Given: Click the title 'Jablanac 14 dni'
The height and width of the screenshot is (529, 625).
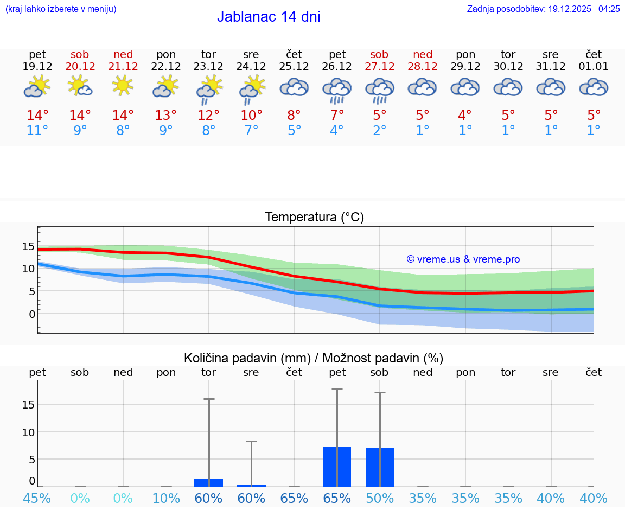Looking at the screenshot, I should coord(269,17).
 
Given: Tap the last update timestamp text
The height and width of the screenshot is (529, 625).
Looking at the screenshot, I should coord(543,9).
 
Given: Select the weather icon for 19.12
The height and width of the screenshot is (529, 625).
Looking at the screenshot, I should coord(37,86).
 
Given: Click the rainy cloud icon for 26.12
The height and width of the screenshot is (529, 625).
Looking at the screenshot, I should coord(337,90).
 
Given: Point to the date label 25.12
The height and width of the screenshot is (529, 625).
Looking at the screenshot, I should coord(294,67).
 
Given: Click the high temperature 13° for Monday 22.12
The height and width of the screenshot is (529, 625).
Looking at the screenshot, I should coord(165,116).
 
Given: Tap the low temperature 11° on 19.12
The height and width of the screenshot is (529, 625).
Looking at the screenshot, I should coord(37,131).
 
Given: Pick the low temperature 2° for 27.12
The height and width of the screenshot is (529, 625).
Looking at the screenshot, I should coord(380,131).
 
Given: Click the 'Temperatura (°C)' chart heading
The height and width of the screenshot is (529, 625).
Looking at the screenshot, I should coord(314,217).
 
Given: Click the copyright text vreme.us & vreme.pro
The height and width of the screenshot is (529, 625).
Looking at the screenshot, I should coord(463,259).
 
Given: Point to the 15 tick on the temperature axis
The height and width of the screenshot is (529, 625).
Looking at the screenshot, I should coord(28,246).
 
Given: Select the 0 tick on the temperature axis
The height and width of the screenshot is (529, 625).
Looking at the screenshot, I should coord(32,314).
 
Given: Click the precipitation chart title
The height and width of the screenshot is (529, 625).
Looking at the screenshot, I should coord(314,358).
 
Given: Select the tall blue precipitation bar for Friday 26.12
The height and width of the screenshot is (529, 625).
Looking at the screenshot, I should coord(337,467).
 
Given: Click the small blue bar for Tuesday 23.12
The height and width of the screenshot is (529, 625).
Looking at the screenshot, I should coord(208,482).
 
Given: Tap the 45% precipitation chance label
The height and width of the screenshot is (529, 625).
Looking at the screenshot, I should coord(37,498).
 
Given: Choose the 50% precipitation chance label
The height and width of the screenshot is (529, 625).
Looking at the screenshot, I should coord(380,498).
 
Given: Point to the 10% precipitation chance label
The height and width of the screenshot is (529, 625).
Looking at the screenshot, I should coord(165,498).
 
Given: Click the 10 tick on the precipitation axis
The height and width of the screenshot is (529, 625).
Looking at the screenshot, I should coord(28,432).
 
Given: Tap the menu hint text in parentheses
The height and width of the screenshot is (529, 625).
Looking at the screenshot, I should coord(60,9).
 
